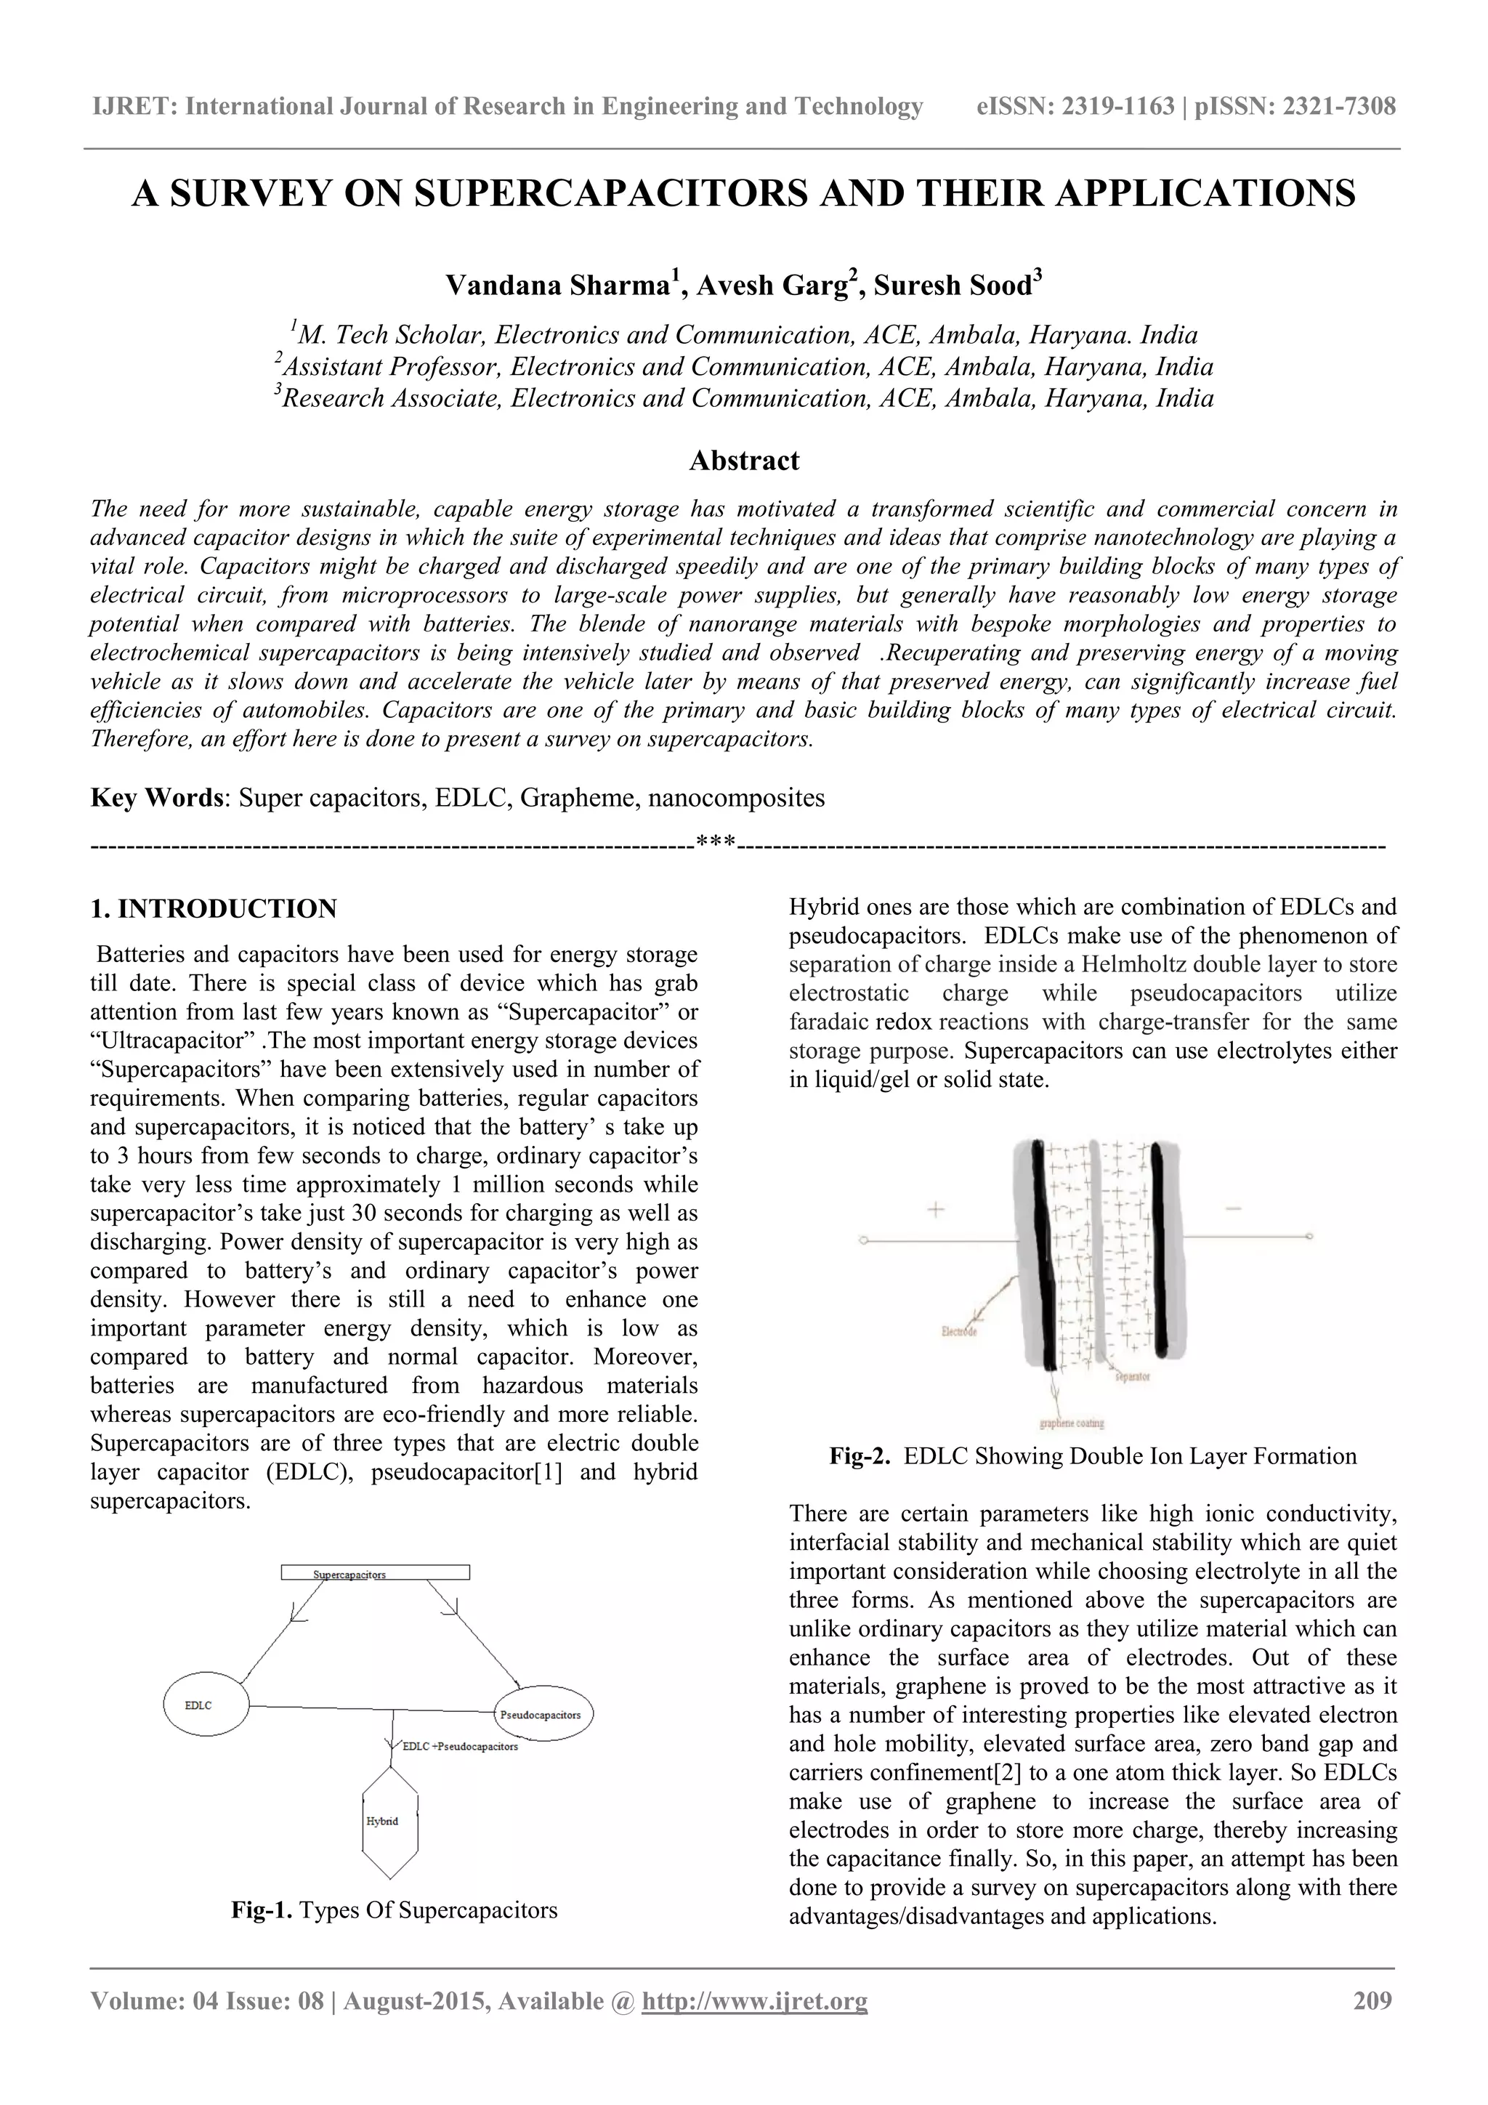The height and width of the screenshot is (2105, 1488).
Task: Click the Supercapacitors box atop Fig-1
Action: [x=375, y=1572]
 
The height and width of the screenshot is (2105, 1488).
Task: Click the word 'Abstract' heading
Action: [x=743, y=460]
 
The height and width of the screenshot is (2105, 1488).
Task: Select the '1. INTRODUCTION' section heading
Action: [x=214, y=908]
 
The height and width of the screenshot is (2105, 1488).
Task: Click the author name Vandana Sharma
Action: [x=558, y=286]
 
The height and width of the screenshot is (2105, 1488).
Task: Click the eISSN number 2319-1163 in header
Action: [x=1117, y=108]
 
